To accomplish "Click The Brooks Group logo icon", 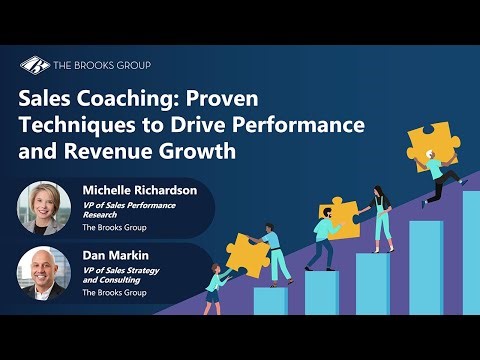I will point(35,66).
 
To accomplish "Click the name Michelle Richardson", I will point(139,188).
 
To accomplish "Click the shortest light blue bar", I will point(269,300).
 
